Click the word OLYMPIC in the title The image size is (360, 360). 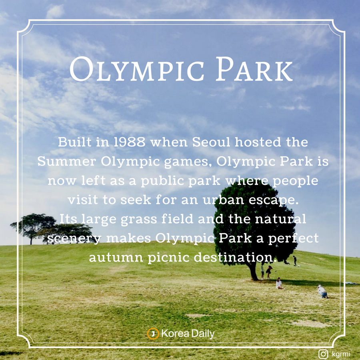click(137, 69)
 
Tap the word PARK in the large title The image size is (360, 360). click(254, 69)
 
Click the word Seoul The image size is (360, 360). click(211, 142)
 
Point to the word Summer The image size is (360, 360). click(66, 161)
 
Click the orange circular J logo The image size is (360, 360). click(153, 334)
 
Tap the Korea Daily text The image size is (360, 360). click(188, 334)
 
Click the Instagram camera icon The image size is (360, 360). click(323, 354)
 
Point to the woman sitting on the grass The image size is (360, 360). click(279, 283)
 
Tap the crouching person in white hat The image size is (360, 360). click(322, 292)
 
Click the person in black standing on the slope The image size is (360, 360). click(295, 261)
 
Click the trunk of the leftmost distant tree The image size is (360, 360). click(31, 240)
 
